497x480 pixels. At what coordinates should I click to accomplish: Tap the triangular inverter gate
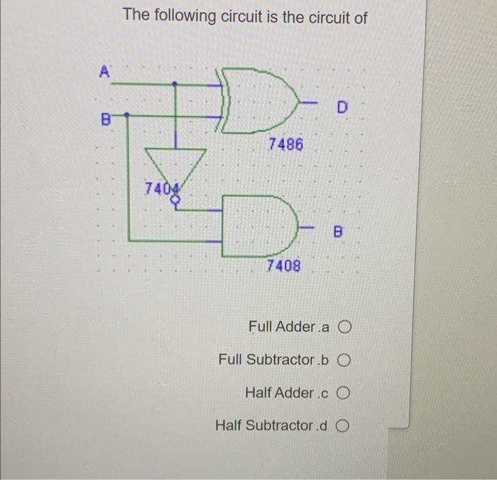[x=175, y=166]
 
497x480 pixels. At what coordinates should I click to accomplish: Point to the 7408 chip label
[x=283, y=266]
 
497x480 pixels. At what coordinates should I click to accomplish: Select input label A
[x=104, y=71]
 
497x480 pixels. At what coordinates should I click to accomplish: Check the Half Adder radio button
[x=345, y=393]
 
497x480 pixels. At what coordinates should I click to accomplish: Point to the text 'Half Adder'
[x=279, y=393]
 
